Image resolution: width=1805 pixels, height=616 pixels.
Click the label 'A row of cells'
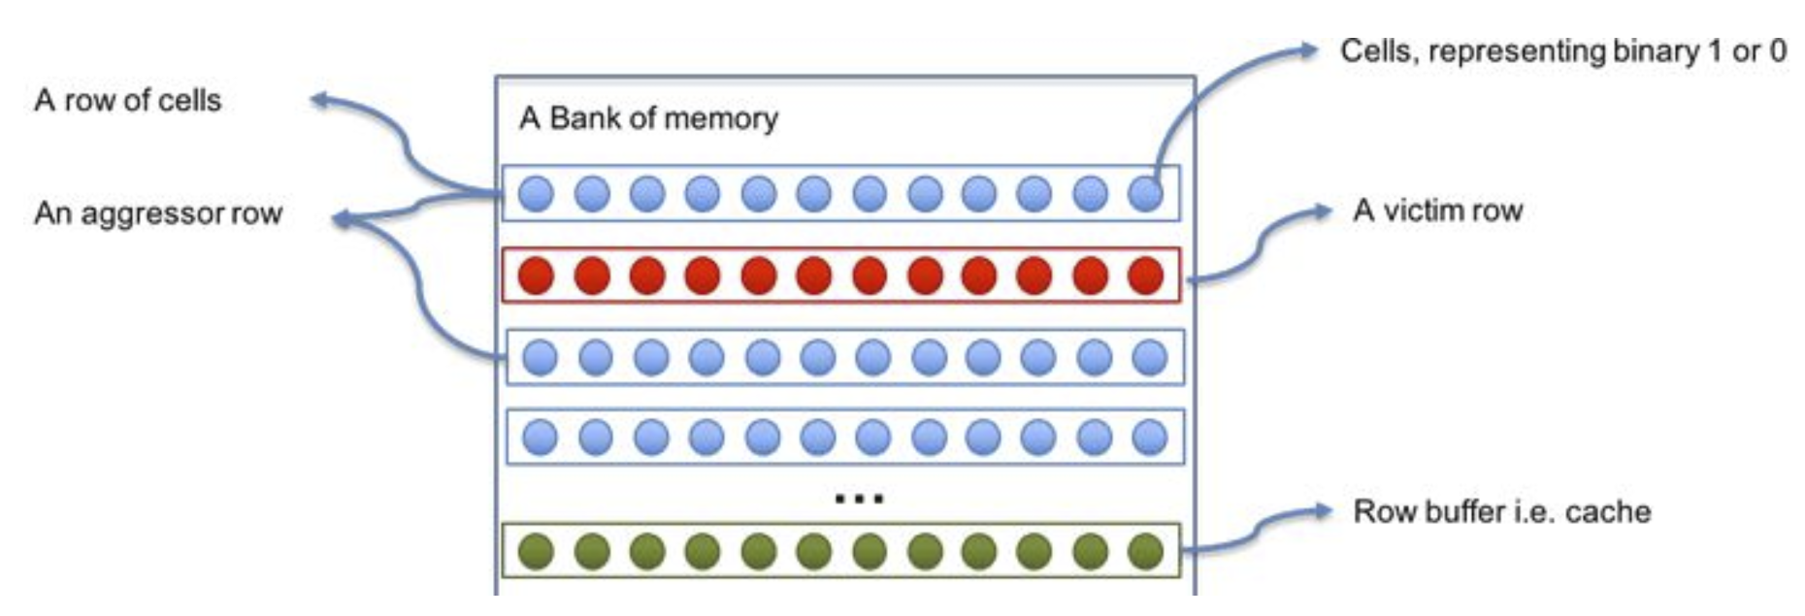coord(128,100)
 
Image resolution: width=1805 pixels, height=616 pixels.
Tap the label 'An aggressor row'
coord(158,213)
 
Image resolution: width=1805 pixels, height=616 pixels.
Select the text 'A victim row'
coord(1437,211)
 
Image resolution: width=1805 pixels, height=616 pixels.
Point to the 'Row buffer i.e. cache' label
coord(1501,511)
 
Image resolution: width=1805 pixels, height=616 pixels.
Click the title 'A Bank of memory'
coord(648,118)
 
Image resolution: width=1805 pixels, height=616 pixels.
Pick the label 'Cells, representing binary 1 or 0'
coord(1562,51)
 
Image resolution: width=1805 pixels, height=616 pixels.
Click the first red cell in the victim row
coord(536,276)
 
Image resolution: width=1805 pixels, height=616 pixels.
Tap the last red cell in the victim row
coord(1146,276)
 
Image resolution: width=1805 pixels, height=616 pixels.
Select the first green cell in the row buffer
coord(536,551)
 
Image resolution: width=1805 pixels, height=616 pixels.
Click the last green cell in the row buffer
coord(1146,551)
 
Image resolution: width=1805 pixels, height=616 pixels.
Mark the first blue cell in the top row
coord(536,193)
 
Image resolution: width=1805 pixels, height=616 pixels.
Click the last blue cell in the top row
coord(1146,193)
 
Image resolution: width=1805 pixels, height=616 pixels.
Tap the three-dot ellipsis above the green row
coord(859,499)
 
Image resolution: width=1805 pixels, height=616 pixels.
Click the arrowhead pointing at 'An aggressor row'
coord(341,220)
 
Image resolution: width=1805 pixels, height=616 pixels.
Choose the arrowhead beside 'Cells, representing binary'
coord(1309,49)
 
